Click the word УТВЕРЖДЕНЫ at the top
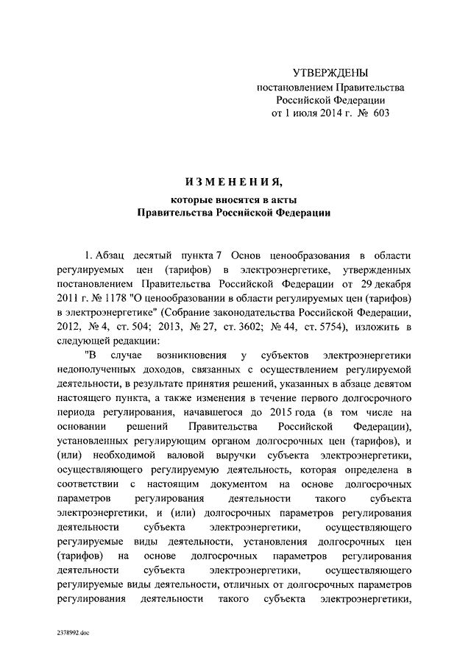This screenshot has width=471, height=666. coord(330,73)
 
